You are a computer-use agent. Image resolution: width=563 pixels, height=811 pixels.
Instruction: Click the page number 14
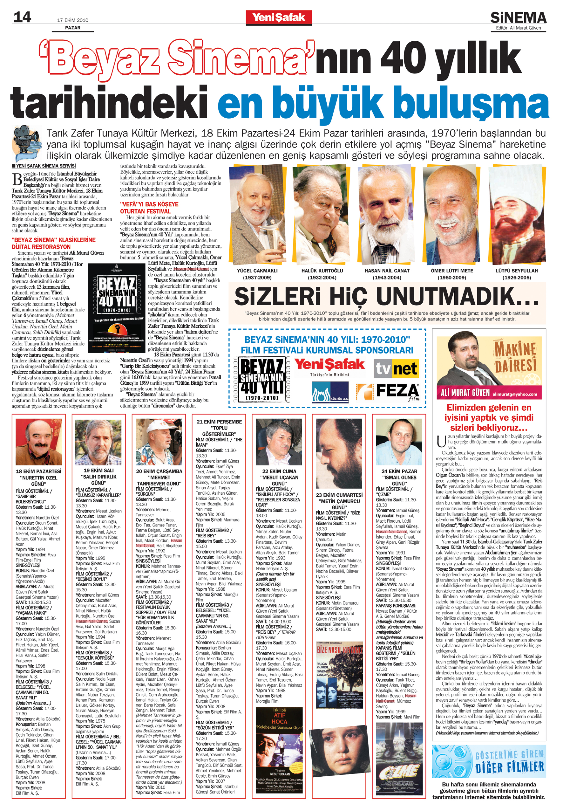pos(22,17)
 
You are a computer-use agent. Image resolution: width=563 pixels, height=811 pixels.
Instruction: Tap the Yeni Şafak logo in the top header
pos(278,17)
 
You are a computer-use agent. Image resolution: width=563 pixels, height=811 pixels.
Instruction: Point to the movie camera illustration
pos(27,143)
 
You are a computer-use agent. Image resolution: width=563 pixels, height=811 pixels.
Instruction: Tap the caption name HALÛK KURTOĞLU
pos(322,271)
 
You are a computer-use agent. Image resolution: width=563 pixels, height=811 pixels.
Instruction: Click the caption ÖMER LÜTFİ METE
pos(451,271)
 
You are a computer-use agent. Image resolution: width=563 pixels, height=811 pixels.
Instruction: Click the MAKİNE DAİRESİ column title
pos(515,358)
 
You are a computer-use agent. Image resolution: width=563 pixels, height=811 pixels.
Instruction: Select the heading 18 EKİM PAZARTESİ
pos(38,471)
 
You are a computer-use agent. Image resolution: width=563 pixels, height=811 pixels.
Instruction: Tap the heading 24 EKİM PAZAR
pos(399,471)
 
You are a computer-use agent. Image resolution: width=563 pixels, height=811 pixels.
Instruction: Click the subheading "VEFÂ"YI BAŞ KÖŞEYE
pos(149,204)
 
